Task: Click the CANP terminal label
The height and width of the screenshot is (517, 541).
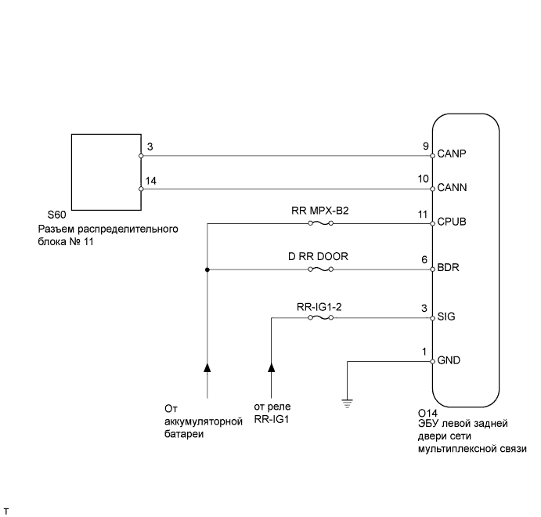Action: (452, 154)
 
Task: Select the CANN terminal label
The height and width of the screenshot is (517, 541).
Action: (452, 188)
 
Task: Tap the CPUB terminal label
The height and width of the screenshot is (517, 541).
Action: (453, 222)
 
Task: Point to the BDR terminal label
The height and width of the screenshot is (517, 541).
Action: (448, 268)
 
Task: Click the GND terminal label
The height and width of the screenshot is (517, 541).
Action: (449, 361)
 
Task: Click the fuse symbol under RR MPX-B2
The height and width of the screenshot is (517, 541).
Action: (321, 223)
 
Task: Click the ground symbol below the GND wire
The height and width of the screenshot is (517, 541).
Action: (347, 403)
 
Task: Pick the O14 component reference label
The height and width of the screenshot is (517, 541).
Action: (427, 413)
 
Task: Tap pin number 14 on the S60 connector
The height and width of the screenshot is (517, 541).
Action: (150, 181)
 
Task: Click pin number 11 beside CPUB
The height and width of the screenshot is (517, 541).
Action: (424, 214)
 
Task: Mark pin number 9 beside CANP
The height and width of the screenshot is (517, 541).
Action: (425, 146)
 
